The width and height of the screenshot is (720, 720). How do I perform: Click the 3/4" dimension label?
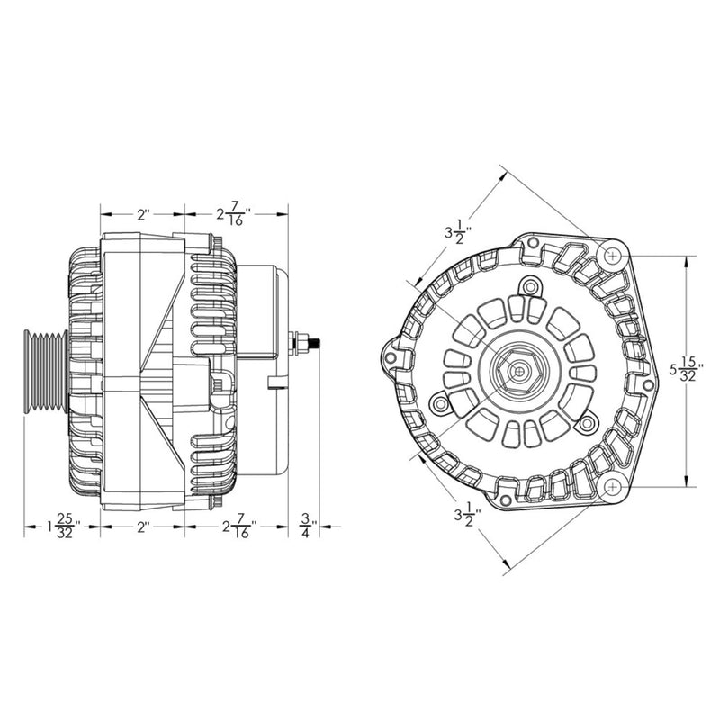click(307, 525)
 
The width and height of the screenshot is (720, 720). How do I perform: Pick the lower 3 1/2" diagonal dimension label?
click(467, 516)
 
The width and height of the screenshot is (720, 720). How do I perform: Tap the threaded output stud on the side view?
click(309, 342)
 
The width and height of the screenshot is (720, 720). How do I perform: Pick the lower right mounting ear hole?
click(612, 487)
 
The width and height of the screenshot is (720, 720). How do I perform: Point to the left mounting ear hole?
click(391, 358)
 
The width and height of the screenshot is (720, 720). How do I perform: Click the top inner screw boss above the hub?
click(530, 288)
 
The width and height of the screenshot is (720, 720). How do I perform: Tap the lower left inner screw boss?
click(440, 406)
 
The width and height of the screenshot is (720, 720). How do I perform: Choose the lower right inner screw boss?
click(587, 421)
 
